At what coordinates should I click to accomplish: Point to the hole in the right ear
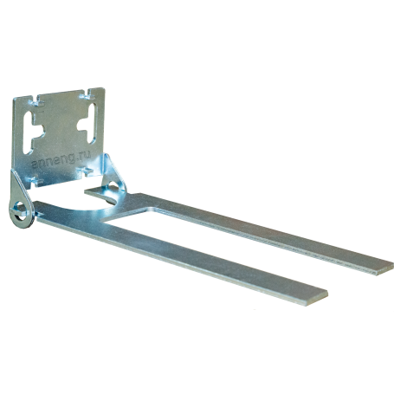[113, 186]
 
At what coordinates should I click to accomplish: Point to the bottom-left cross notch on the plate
[36, 181]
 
